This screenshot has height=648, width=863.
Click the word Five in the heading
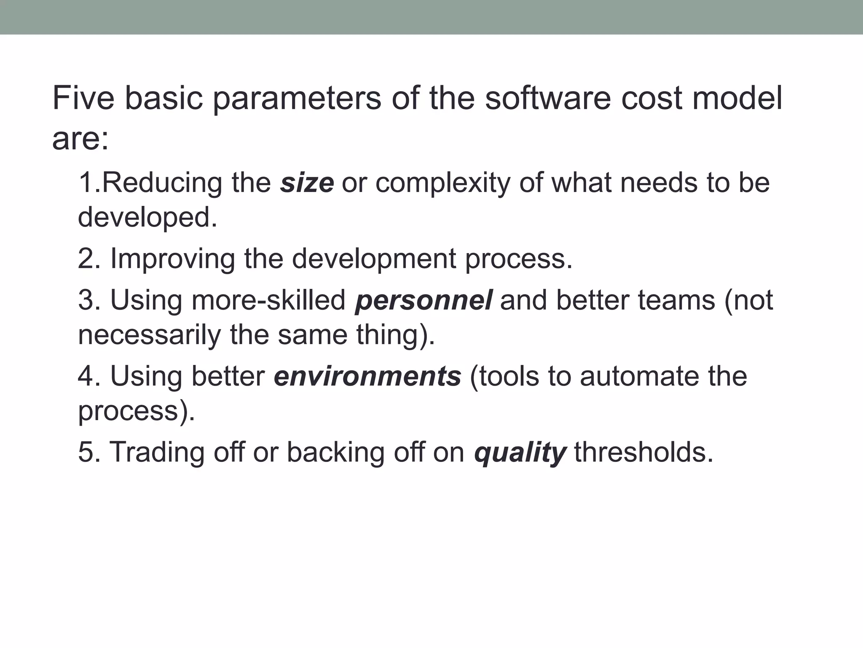click(x=83, y=98)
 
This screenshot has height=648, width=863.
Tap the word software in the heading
click(x=547, y=98)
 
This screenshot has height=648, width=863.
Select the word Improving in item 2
click(x=172, y=259)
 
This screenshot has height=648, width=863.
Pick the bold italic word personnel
click(x=423, y=300)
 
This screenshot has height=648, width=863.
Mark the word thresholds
click(x=643, y=452)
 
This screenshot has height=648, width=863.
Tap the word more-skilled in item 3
click(x=268, y=300)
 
